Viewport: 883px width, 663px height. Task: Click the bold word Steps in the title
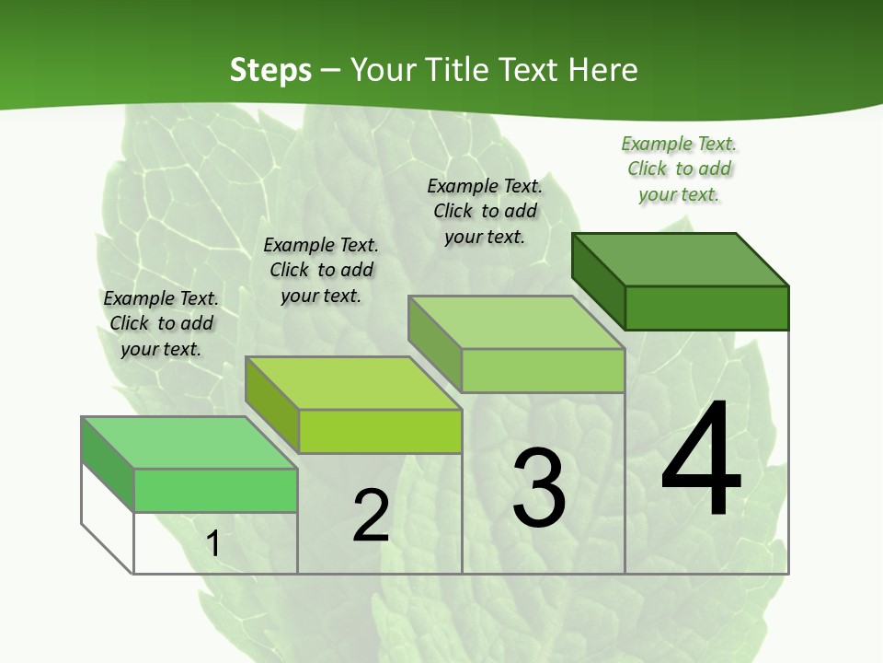tap(270, 70)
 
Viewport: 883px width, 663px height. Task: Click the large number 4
tap(701, 460)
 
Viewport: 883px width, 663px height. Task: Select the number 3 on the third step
tap(538, 487)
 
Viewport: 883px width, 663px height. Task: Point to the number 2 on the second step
tap(371, 516)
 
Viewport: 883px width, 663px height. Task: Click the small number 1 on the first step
tap(213, 543)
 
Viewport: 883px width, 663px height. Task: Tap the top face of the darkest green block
tap(681, 259)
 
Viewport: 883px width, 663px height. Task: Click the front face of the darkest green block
tap(706, 308)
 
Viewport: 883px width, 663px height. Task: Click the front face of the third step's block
tap(543, 370)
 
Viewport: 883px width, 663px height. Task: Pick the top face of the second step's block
tap(353, 382)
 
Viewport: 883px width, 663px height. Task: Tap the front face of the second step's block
tap(380, 431)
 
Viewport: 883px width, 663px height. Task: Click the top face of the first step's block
tap(189, 442)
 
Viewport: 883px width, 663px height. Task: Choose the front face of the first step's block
tap(215, 490)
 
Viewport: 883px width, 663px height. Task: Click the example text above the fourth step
tap(679, 169)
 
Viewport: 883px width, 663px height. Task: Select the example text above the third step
tap(485, 211)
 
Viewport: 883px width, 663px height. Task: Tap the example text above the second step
tap(321, 270)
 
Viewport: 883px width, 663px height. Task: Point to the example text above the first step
tap(161, 323)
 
